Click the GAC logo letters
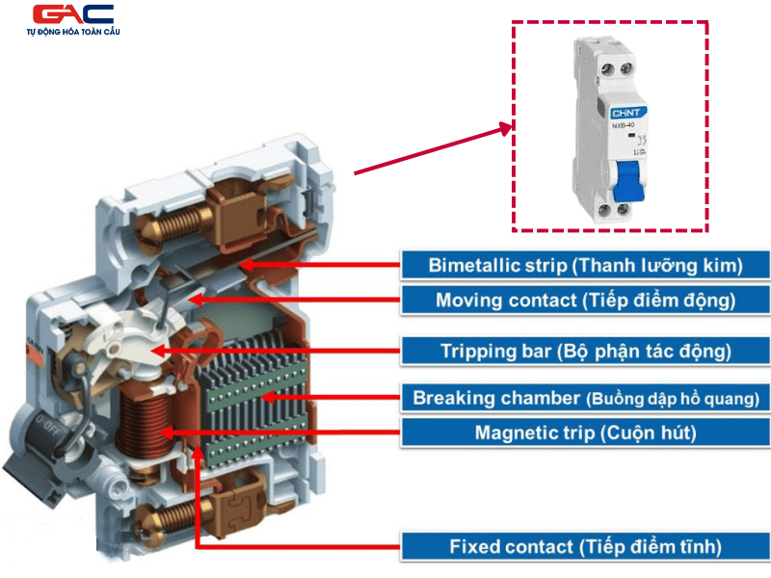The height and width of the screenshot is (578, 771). pos(73,14)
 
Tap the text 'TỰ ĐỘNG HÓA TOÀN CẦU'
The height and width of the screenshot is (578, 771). pos(73,33)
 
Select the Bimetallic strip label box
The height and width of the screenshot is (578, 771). pos(585,264)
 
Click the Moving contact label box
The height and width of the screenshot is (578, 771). pos(585,300)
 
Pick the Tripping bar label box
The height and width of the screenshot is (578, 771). pos(585,350)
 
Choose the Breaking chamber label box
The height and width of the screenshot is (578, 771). pos(585,397)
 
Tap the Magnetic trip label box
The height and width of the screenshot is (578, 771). pos(585,433)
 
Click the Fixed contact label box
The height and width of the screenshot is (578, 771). pos(585,547)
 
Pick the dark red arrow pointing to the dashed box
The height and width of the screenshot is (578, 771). pos(434,149)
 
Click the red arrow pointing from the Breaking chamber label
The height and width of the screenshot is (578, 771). pos(332,397)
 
